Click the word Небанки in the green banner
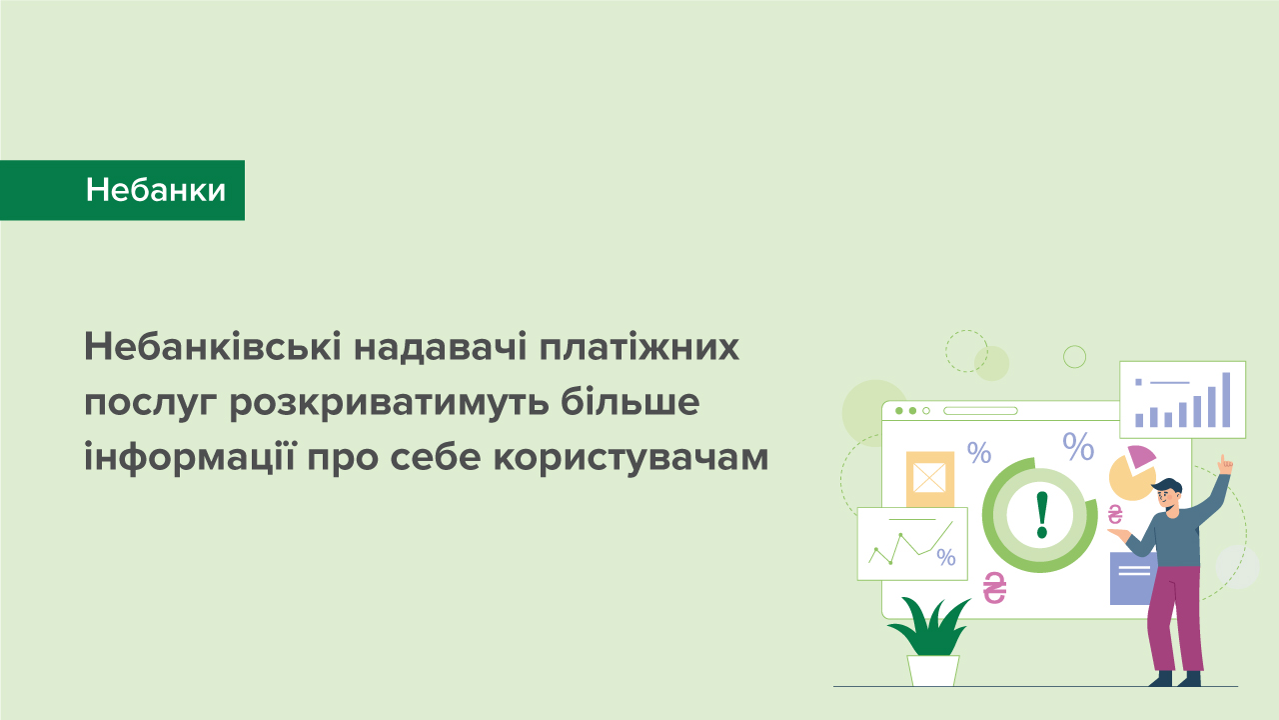click(x=156, y=190)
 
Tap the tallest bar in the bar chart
click(x=1226, y=399)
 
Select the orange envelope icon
click(x=929, y=478)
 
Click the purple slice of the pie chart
click(x=1140, y=458)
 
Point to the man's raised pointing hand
click(x=1225, y=464)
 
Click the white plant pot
click(x=933, y=669)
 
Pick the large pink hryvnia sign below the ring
click(x=994, y=588)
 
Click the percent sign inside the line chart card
click(x=946, y=557)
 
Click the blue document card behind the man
click(x=1129, y=579)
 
